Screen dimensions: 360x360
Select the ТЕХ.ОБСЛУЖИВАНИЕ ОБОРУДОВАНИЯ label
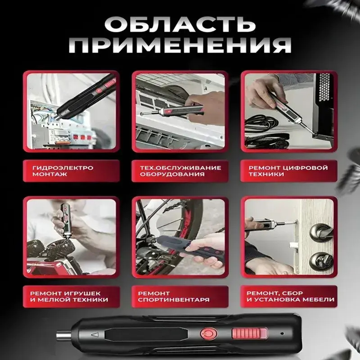pyautogui.click(x=180, y=171)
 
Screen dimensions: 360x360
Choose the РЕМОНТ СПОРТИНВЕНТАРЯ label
pyautogui.click(x=180, y=297)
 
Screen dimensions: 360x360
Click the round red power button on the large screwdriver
pyautogui.click(x=208, y=333)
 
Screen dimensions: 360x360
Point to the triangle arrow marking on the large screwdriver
pyautogui.click(x=95, y=335)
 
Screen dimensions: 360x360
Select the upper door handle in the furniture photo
pyautogui.click(x=319, y=230)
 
